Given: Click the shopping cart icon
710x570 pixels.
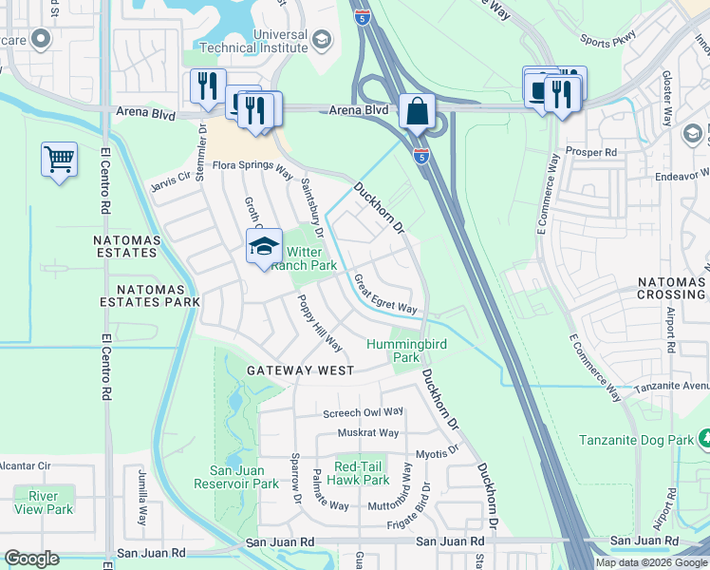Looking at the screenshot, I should [x=59, y=159].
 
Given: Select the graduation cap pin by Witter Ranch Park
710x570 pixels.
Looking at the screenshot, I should [x=264, y=247].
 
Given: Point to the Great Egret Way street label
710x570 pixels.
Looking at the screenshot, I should [x=385, y=294].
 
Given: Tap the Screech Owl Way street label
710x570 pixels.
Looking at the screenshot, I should [x=363, y=413].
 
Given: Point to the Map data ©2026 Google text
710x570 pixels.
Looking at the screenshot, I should [x=650, y=562].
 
